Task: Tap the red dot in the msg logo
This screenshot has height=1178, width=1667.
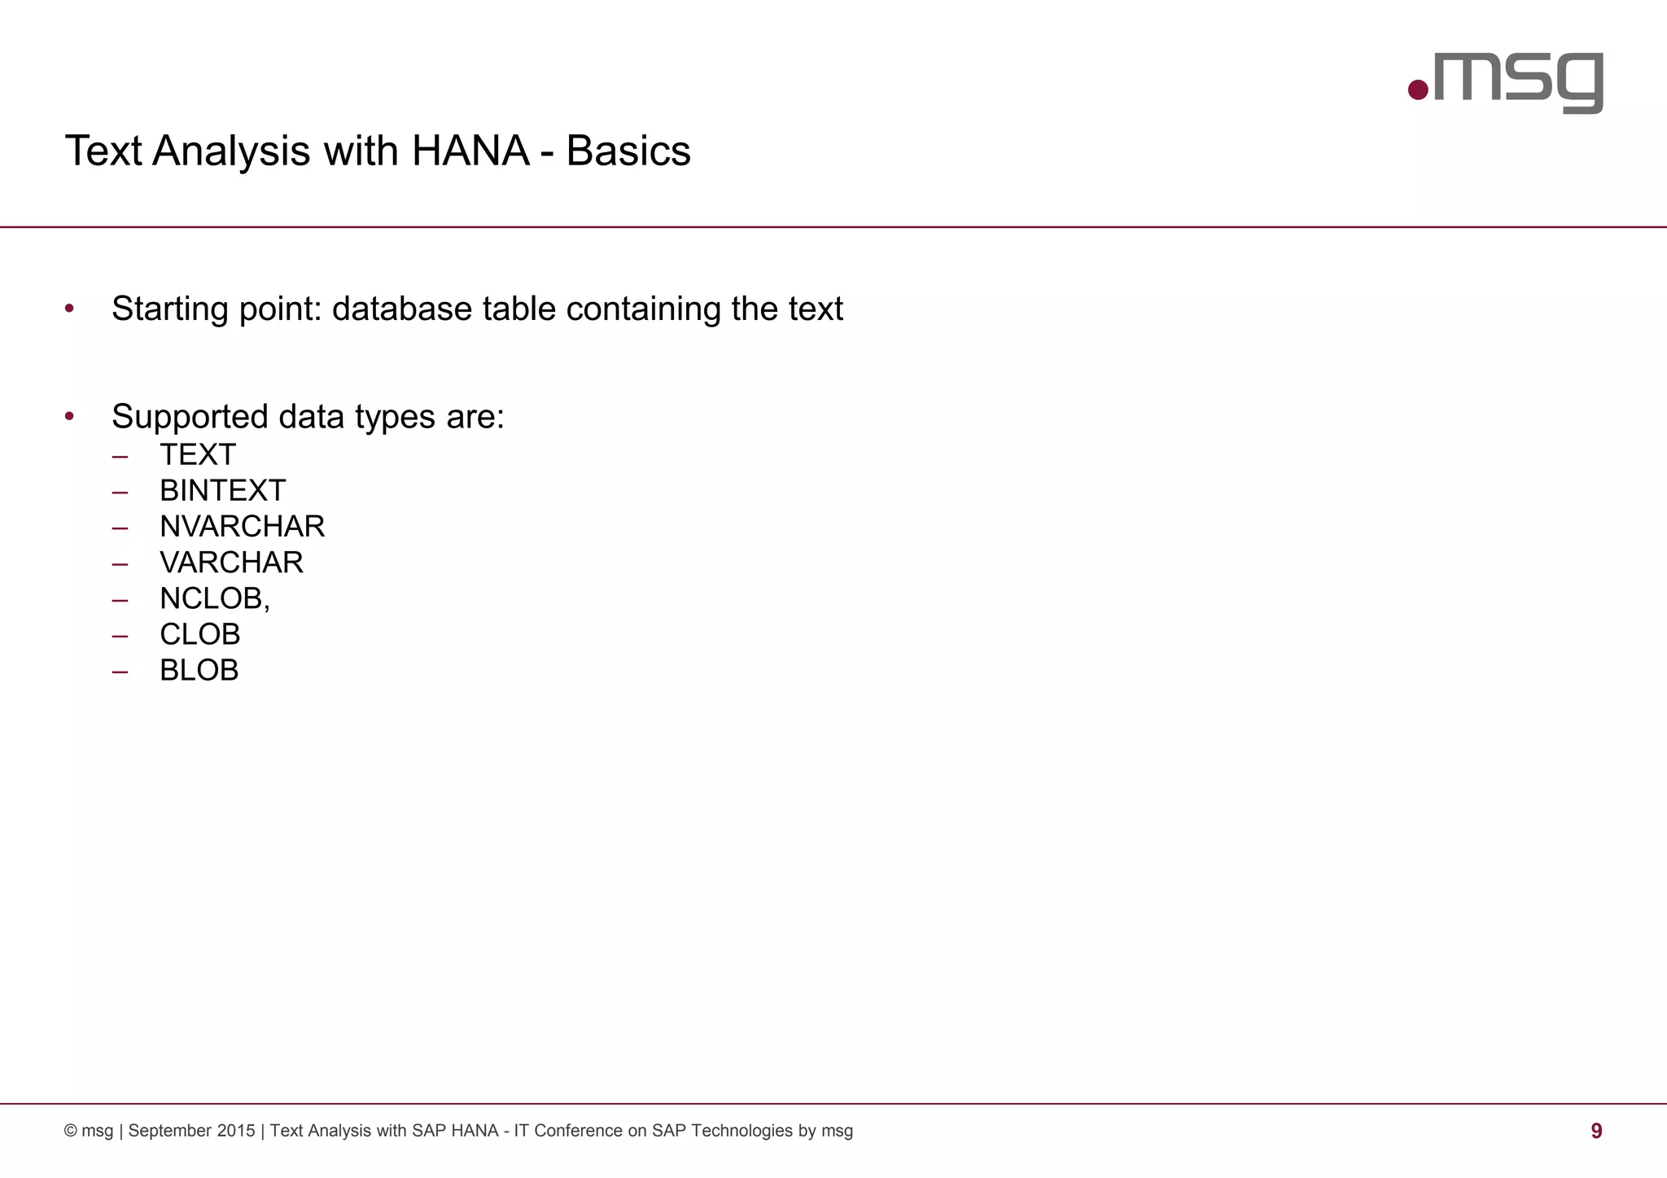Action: (1419, 90)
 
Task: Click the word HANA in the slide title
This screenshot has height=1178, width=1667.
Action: (470, 151)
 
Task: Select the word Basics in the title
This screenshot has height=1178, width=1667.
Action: (628, 151)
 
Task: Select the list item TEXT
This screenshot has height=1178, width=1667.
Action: (198, 454)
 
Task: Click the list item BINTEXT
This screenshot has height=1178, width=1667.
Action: (222, 491)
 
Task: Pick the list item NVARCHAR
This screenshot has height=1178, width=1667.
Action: (242, 527)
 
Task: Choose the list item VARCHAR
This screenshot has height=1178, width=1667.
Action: (231, 563)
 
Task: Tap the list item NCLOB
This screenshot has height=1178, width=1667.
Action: (212, 598)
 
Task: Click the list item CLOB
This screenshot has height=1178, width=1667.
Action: (199, 634)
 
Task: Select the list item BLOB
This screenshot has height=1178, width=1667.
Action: (199, 670)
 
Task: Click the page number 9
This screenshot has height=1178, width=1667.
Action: (1596, 1131)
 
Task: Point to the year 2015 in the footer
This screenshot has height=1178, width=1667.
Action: (236, 1131)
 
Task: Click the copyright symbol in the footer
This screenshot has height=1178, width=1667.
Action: (71, 1131)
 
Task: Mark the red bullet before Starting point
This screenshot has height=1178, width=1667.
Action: (70, 309)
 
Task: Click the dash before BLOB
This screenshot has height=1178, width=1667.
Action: (120, 672)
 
